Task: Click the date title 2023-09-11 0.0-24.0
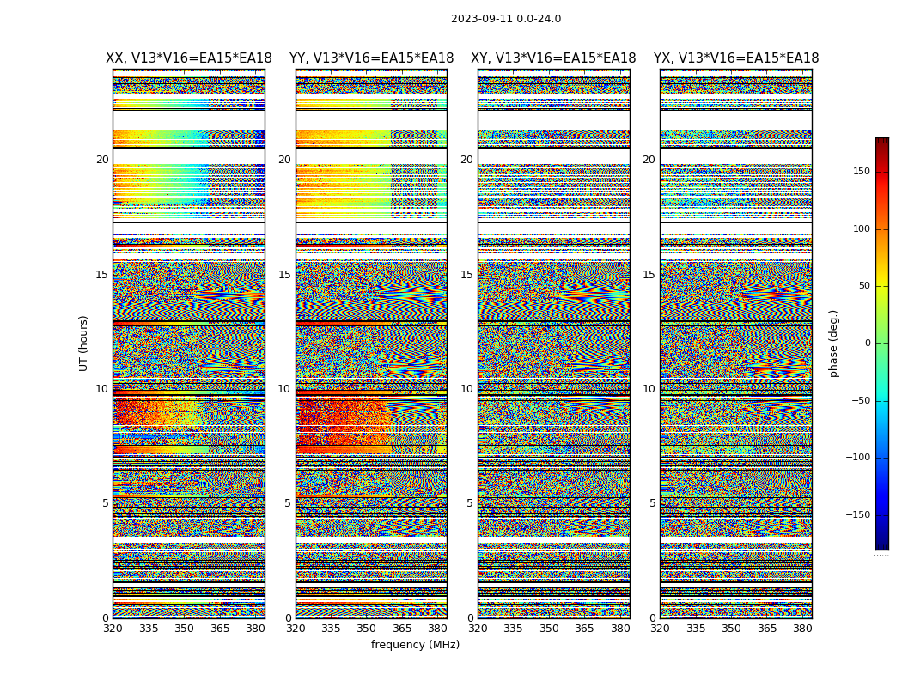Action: [506, 19]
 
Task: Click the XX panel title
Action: [189, 58]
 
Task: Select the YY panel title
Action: [371, 58]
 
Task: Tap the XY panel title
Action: [553, 58]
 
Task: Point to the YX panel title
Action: [736, 58]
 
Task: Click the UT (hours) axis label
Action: [84, 343]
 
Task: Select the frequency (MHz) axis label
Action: [415, 645]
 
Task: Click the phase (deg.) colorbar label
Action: [834, 343]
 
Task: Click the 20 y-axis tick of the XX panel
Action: [102, 160]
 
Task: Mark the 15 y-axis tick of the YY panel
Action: [284, 275]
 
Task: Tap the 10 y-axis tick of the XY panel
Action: [466, 389]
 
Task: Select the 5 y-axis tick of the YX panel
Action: [652, 503]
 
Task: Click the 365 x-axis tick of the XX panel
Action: [220, 629]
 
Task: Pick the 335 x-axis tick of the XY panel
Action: [514, 629]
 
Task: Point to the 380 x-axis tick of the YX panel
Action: [802, 629]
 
